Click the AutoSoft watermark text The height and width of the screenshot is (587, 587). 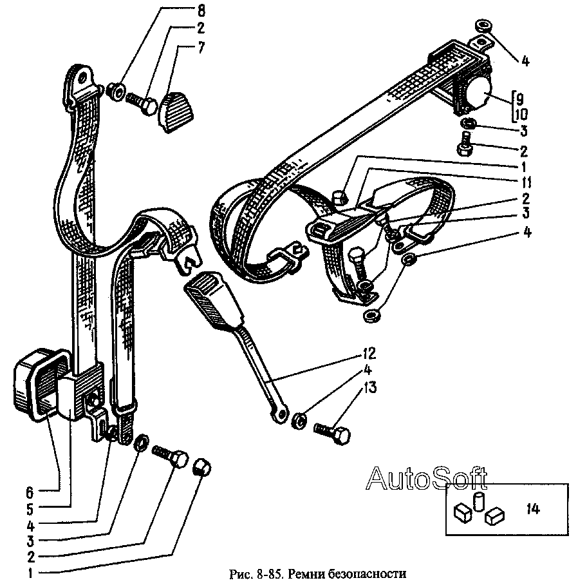tap(426, 478)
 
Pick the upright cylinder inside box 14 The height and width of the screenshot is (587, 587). tap(478, 501)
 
